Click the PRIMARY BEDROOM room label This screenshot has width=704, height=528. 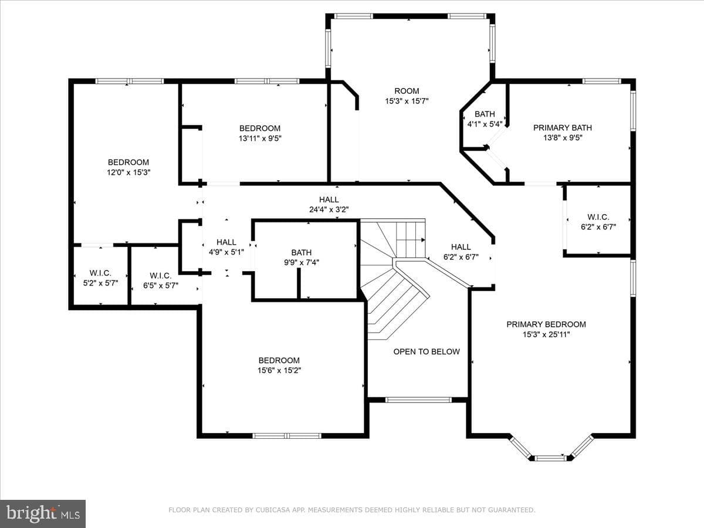tap(546, 324)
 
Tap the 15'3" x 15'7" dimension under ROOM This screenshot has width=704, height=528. tap(407, 101)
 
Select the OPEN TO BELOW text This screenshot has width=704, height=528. tap(427, 351)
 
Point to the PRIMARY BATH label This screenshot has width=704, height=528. tap(563, 128)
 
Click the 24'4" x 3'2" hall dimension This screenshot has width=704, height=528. tap(329, 209)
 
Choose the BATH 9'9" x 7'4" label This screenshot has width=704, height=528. tap(302, 258)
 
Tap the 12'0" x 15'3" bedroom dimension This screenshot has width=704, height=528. tap(128, 172)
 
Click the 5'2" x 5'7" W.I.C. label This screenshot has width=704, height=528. tap(100, 278)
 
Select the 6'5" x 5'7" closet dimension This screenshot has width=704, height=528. tap(161, 285)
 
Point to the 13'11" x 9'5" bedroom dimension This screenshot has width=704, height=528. tap(260, 138)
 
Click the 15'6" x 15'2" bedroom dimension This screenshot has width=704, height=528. tap(279, 371)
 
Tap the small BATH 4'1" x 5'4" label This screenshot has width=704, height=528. tap(485, 119)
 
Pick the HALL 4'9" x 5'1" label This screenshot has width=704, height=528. tap(226, 247)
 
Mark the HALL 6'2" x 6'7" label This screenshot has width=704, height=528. tap(461, 252)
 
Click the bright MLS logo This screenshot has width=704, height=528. tap(43, 514)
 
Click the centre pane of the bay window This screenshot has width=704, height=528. tap(551, 458)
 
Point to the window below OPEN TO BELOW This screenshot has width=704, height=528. tap(418, 400)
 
